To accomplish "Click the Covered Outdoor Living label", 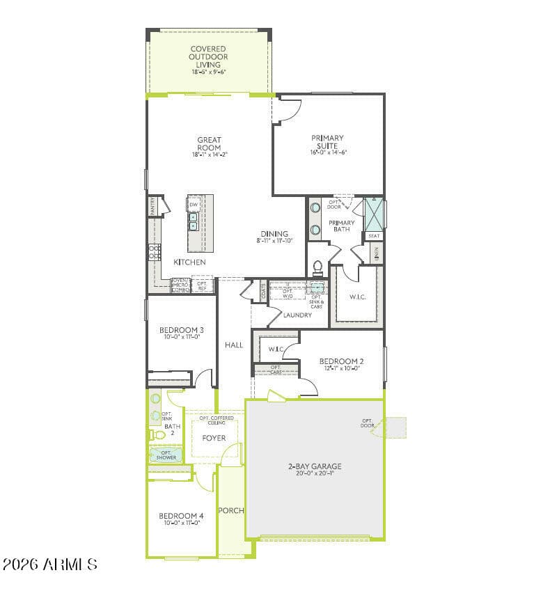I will (x=207, y=57).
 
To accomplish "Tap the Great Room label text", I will (x=209, y=144).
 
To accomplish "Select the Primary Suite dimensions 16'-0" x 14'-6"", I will (x=328, y=152).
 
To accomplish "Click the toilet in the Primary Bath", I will (x=318, y=267).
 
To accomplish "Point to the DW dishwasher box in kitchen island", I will (x=194, y=205).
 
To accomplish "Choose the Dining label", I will (x=274, y=234).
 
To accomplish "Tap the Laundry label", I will (x=297, y=315).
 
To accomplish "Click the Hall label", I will (x=234, y=345).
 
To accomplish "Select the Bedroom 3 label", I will (x=181, y=330).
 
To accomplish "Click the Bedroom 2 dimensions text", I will (x=341, y=369).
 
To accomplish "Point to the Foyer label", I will (x=214, y=438).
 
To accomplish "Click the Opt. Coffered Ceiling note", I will (x=217, y=420).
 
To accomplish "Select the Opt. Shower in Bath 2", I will (x=166, y=455).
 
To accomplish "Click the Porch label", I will (x=231, y=510).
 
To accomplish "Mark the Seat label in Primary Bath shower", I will (x=374, y=236).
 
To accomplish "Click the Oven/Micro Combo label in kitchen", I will (x=180, y=285).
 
